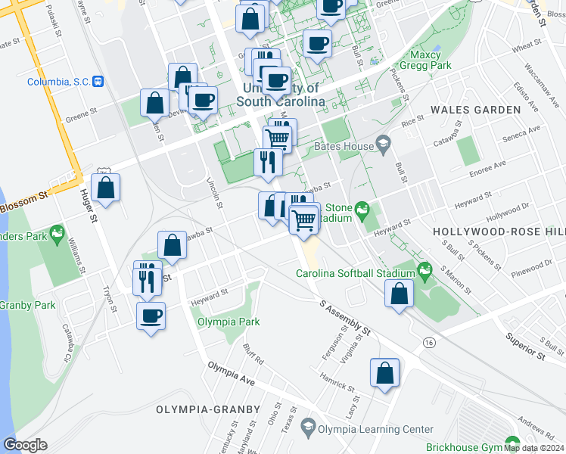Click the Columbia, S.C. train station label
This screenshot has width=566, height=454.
click(x=58, y=82)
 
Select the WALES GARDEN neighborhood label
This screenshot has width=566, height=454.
click(x=475, y=110)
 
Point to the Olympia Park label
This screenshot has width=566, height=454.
click(x=229, y=322)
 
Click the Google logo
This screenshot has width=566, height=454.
click(x=25, y=445)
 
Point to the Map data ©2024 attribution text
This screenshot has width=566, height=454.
click(x=533, y=448)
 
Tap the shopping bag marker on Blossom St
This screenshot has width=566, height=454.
click(x=106, y=187)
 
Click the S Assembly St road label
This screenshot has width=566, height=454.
click(x=345, y=319)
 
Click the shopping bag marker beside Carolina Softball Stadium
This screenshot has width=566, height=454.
click(x=399, y=293)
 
